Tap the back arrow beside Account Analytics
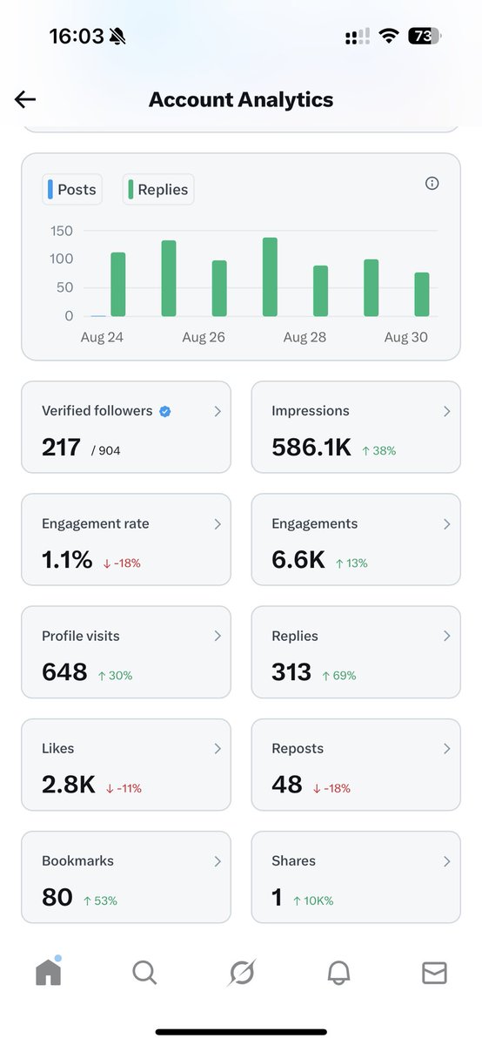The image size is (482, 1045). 25,99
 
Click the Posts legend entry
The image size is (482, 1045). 72,190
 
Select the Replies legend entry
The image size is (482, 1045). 158,190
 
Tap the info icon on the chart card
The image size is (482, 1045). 432,183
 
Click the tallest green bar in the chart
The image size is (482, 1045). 270,277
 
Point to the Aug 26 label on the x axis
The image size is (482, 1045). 204,338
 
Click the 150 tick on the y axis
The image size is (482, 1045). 62,231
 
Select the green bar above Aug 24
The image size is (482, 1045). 117,285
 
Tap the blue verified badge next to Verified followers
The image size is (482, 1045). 164,412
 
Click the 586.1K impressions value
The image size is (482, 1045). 311,448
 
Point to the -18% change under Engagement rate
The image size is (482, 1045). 122,563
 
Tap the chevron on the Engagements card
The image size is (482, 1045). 446,524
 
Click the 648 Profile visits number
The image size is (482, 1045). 64,672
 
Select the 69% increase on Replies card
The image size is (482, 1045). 338,676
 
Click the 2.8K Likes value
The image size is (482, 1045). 68,785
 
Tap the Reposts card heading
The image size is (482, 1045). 298,749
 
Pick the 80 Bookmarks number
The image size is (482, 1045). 57,897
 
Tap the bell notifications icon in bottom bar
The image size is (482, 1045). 338,973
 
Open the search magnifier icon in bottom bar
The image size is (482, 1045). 144,973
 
